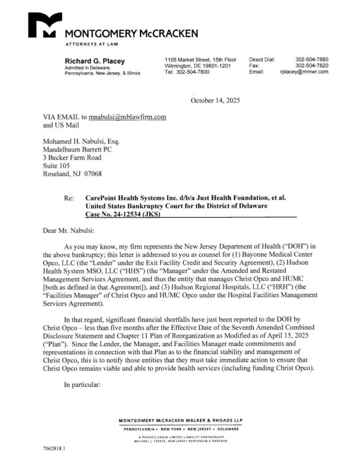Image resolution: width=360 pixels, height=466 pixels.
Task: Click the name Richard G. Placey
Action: click(94, 61)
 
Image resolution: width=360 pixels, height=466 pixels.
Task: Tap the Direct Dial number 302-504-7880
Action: click(312, 59)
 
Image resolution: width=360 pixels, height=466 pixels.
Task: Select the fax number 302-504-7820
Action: click(312, 65)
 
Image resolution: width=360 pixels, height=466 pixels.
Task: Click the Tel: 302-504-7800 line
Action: click(187, 72)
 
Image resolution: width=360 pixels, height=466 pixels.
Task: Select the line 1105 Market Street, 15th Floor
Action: click(201, 59)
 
